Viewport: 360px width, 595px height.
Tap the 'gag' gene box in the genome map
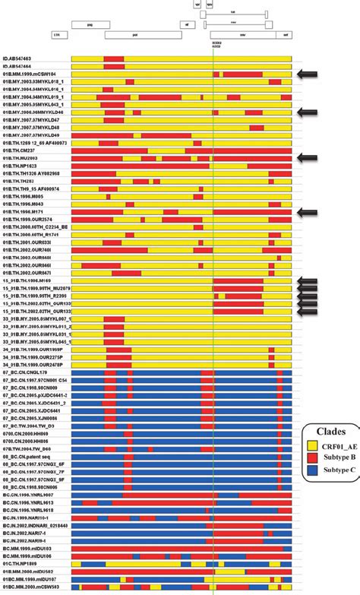click(90, 24)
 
